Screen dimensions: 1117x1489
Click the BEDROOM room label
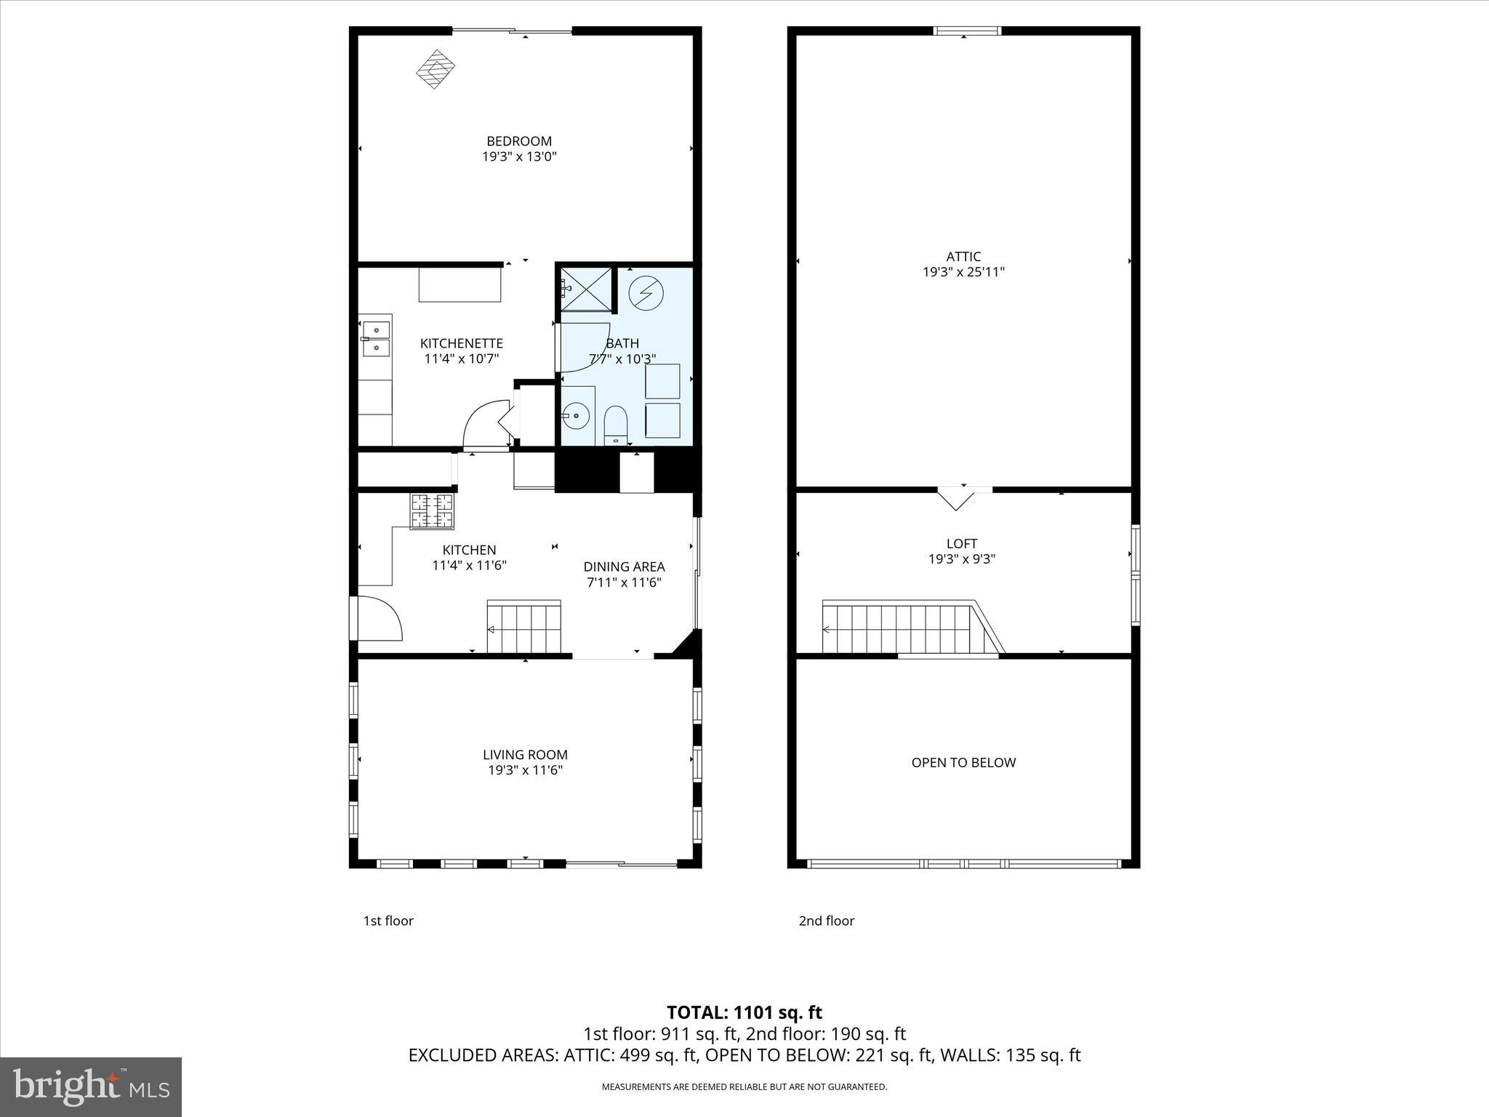click(519, 141)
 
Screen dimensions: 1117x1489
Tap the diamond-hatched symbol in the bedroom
click(435, 69)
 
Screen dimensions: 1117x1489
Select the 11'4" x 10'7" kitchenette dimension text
click(462, 359)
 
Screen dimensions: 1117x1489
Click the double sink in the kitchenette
click(376, 340)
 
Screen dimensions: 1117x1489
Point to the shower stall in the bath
click(586, 289)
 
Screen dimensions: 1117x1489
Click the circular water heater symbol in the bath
click(646, 292)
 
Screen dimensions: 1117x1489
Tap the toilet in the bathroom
click(615, 425)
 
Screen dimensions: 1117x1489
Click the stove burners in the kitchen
click(433, 511)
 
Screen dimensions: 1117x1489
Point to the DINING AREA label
click(624, 566)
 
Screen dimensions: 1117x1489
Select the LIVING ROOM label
click(525, 755)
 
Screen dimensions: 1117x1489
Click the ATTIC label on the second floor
click(963, 256)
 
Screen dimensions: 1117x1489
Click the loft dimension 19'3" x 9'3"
click(962, 559)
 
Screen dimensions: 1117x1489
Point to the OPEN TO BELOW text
click(963, 762)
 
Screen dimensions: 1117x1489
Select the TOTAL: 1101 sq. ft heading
click(744, 1012)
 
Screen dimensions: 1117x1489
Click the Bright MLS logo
click(91, 1086)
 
